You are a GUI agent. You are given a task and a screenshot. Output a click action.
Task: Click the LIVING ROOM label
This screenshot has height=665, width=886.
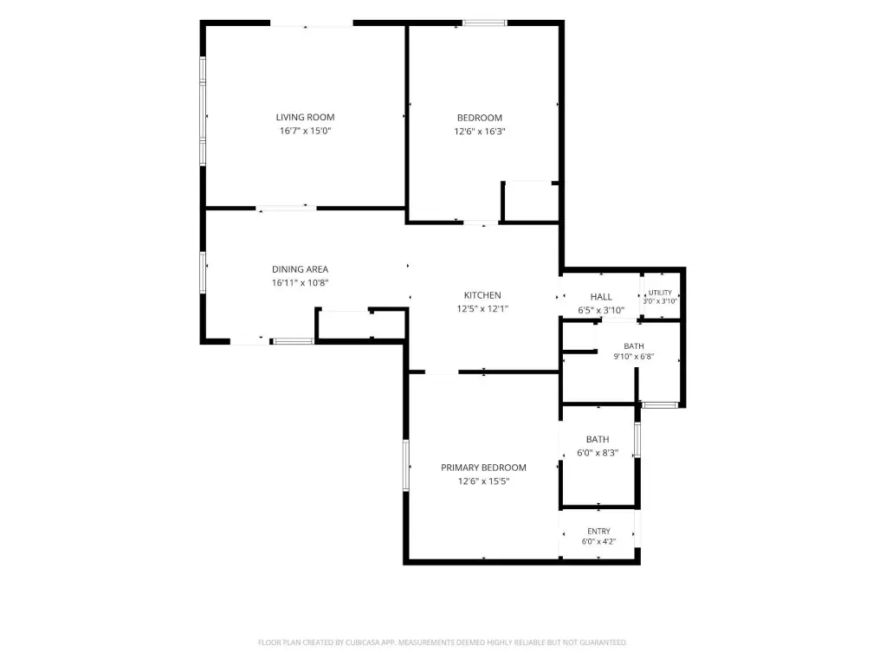(x=305, y=117)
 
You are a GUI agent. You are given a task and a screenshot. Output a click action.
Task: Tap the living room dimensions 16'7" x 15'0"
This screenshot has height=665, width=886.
(x=305, y=131)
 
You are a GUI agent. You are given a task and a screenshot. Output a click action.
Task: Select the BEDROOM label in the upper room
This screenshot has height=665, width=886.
(x=480, y=118)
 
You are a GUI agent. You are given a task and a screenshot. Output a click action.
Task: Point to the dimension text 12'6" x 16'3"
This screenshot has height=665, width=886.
(x=480, y=131)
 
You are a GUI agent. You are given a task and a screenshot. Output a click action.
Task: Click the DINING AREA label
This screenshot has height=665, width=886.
(x=300, y=269)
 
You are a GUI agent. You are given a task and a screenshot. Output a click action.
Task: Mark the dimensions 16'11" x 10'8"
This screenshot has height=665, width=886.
(x=300, y=282)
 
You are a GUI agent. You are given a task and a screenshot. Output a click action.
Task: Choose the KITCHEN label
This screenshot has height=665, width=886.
(x=482, y=295)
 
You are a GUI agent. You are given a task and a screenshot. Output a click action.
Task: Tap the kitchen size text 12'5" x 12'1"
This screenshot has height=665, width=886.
(x=482, y=308)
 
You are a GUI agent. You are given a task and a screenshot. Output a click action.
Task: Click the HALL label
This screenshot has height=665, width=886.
(x=601, y=297)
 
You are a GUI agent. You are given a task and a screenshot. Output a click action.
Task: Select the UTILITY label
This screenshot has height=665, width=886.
(x=660, y=293)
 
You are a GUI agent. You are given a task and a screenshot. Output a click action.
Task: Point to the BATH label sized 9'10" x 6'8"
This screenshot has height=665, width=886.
(x=634, y=345)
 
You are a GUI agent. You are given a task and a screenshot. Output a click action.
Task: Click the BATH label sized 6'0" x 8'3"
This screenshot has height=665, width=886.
(x=598, y=439)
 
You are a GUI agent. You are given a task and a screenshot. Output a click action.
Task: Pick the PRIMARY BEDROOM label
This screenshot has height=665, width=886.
(x=483, y=468)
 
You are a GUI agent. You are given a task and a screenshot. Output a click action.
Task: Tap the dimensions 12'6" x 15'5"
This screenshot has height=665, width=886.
(x=483, y=481)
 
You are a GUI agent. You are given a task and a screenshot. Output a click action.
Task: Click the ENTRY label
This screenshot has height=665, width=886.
(x=599, y=531)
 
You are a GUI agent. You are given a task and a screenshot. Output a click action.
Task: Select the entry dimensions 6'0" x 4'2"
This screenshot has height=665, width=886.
(x=599, y=541)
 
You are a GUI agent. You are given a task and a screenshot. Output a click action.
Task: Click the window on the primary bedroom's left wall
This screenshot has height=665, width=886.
(x=405, y=465)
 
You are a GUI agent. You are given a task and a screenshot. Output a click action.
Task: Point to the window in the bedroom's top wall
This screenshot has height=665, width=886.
(x=485, y=23)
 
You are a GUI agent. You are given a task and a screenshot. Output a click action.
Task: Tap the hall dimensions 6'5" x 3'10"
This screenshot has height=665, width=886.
(x=601, y=310)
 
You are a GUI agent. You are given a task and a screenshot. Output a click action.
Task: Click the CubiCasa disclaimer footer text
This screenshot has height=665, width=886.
(x=443, y=642)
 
